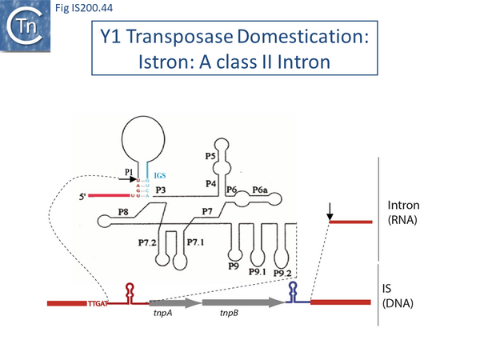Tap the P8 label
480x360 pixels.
[123, 210]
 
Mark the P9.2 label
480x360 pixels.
[282, 272]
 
